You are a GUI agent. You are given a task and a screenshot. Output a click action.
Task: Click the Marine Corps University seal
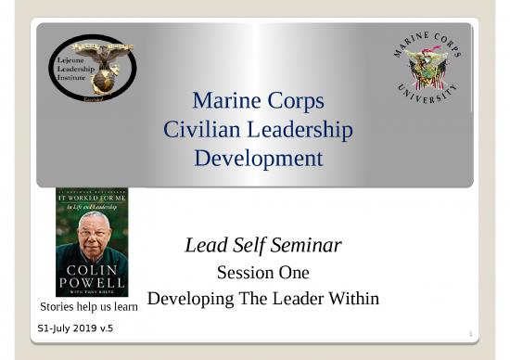(x=427, y=67)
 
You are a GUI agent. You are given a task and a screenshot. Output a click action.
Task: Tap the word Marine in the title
(x=222, y=100)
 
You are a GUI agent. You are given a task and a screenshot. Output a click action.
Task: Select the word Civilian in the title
(x=199, y=130)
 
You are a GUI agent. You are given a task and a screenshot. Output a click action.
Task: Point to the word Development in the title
(x=258, y=159)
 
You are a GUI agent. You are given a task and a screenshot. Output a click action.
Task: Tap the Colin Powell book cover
(x=92, y=241)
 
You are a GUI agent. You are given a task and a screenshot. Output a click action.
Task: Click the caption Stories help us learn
(x=88, y=305)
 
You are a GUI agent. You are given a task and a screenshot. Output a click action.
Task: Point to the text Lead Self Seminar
(x=263, y=246)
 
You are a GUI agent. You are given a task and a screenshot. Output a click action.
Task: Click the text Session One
(x=262, y=273)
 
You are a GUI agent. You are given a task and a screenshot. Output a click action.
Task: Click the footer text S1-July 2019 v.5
(x=74, y=328)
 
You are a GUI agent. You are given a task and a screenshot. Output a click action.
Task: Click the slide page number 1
(x=471, y=333)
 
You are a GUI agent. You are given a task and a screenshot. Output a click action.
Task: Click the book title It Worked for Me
(x=91, y=198)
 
